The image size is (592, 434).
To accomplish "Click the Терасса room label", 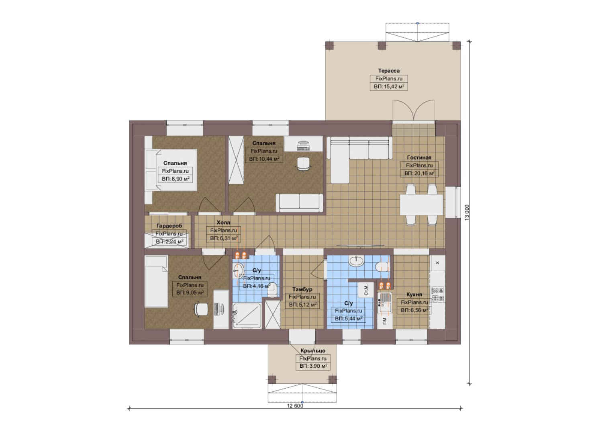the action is [x=389, y=71].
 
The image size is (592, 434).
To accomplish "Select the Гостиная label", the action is [x=419, y=158].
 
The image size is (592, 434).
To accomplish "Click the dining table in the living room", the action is [x=421, y=205].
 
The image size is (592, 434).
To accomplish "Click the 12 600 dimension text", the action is [x=295, y=406].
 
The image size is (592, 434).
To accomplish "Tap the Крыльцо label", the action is [x=313, y=351].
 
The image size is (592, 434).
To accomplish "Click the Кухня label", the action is [x=414, y=295].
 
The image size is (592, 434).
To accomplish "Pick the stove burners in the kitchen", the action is [x=438, y=295].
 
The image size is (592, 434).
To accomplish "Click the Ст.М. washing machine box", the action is [x=366, y=290].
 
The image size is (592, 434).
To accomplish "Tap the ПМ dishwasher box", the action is [x=385, y=321].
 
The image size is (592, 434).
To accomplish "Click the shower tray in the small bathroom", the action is [x=247, y=316].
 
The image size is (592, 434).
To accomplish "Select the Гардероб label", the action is [x=169, y=225].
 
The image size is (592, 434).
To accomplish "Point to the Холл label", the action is [x=224, y=222].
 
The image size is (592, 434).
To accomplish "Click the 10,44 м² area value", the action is [x=264, y=159].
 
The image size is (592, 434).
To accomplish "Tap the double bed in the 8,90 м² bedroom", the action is [x=171, y=170].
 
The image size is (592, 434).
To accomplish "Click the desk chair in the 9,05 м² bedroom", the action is [x=201, y=309].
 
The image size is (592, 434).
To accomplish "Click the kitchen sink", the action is [x=385, y=303].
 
